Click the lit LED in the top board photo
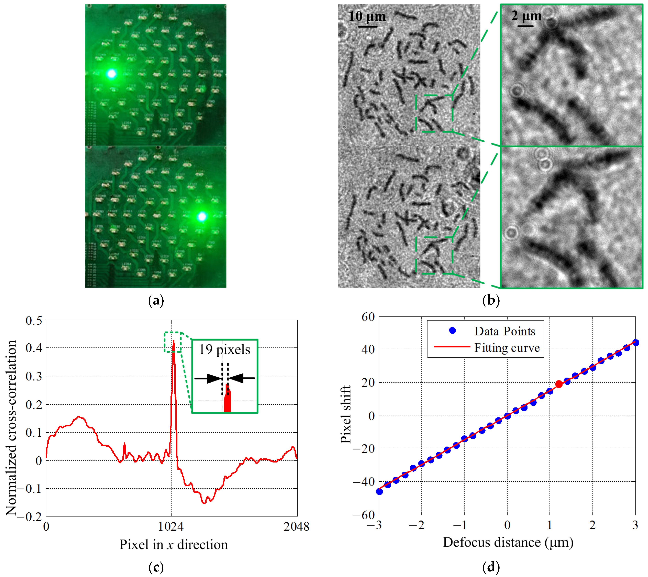(x=112, y=74)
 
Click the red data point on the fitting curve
(x=559, y=384)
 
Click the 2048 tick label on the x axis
(x=296, y=527)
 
